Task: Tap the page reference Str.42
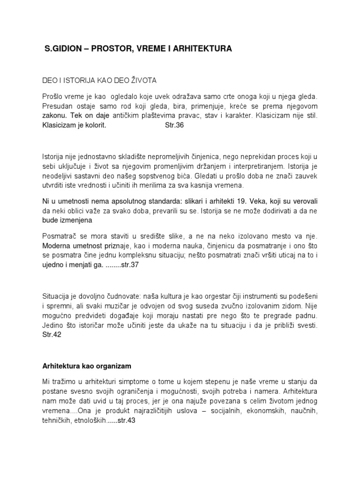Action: tap(52, 335)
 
